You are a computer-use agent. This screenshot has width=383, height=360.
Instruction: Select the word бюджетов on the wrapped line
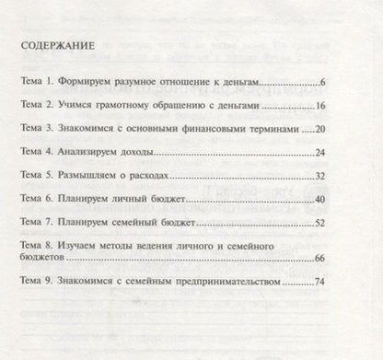point(42,261)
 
